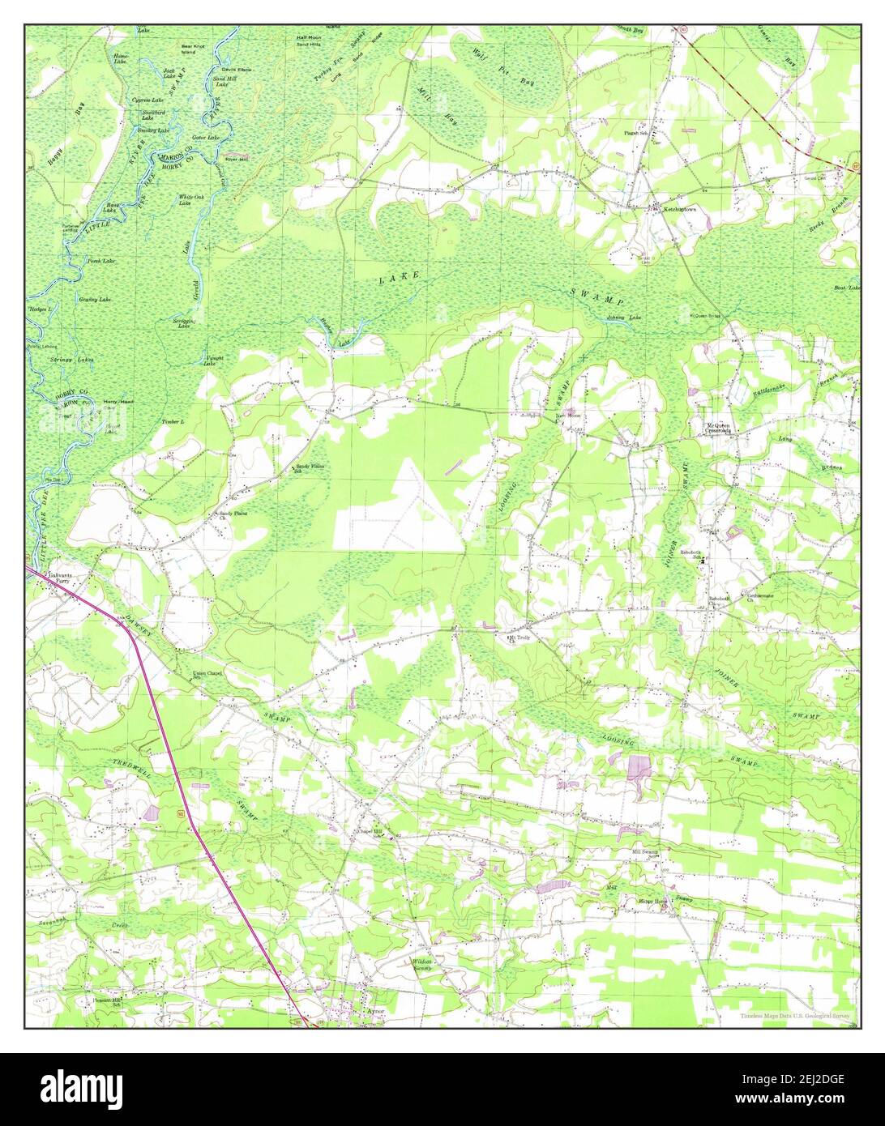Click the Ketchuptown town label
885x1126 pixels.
680,208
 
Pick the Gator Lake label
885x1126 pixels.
209,138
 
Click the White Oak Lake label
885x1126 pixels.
188,200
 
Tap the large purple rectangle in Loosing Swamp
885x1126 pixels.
639,766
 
